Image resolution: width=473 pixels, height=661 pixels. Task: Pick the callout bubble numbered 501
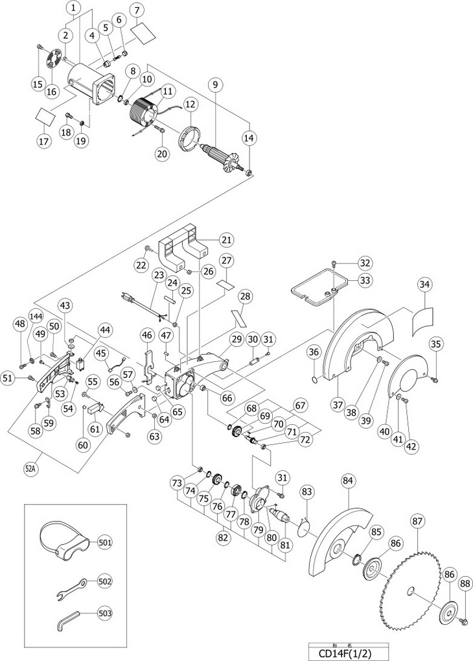(x=104, y=542)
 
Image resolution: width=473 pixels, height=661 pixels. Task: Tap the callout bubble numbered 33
(x=347, y=280)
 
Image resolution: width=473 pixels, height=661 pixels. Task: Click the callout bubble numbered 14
(x=249, y=138)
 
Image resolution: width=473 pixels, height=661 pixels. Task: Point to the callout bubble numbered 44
(x=104, y=330)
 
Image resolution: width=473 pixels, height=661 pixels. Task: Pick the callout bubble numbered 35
(x=435, y=344)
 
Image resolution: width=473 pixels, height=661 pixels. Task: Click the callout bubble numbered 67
(x=301, y=405)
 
